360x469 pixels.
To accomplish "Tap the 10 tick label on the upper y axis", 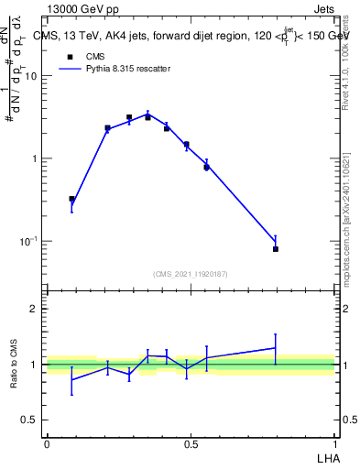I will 31,76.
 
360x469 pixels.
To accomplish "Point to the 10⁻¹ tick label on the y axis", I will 28,242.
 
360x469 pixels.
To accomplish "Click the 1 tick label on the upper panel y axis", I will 35,158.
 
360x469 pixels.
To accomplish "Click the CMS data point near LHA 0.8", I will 276,248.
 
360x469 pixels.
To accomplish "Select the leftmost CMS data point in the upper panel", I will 72,199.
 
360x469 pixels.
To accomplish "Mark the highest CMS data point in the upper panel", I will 129,117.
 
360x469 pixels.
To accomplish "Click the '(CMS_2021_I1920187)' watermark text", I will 190,274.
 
